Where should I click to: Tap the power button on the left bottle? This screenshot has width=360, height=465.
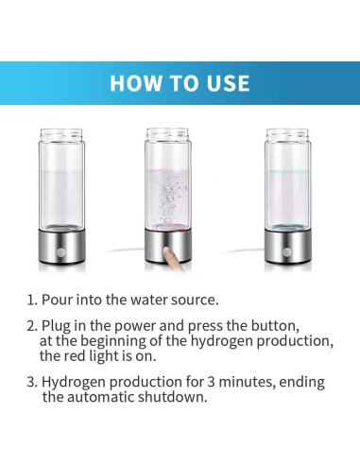click(60, 252)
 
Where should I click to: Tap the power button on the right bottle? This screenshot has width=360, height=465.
click(286, 252)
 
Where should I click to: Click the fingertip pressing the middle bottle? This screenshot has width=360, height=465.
click(168, 252)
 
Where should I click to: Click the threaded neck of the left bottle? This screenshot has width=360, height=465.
click(61, 134)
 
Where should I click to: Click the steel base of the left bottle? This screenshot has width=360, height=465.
click(61, 247)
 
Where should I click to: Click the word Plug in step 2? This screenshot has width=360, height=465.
click(56, 326)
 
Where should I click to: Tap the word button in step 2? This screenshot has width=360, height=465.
click(275, 326)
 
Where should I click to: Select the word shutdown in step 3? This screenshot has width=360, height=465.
click(173, 397)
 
